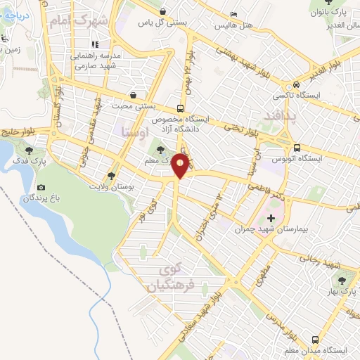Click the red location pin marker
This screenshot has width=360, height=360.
[x=181, y=167]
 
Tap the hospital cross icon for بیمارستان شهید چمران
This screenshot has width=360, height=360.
[x=271, y=219]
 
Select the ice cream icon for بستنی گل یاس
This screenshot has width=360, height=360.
[x=163, y=12]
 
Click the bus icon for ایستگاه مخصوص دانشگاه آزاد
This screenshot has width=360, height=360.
[x=181, y=108]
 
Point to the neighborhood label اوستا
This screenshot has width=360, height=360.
[x=135, y=131]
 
